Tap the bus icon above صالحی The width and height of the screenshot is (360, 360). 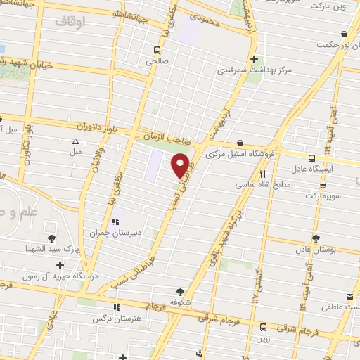click(x=157, y=50)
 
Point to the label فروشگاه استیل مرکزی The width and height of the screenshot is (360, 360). click(x=240, y=153)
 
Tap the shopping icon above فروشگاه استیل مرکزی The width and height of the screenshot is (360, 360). click(x=240, y=142)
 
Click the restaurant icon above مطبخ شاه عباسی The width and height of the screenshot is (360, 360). click(x=262, y=172)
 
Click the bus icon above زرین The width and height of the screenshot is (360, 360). click(x=263, y=327)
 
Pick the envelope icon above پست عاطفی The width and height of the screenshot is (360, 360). click(x=349, y=297)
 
